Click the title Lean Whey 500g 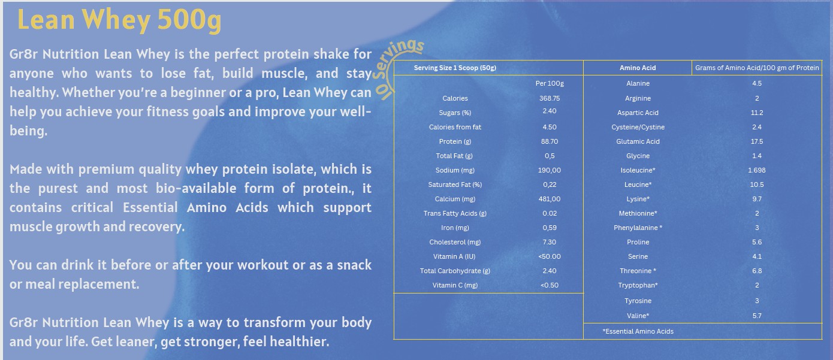click(119, 20)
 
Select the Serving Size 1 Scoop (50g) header click(455, 68)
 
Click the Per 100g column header click(550, 84)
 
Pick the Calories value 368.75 click(550, 98)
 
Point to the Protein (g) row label click(455, 141)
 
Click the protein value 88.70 click(550, 141)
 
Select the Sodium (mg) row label click(455, 171)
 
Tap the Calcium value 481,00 click(550, 199)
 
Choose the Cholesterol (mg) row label click(455, 242)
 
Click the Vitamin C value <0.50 click(550, 285)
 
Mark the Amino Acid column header click(638, 68)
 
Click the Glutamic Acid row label click(638, 141)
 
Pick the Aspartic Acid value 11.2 click(757, 113)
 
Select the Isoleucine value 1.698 click(757, 171)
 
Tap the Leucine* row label click(638, 184)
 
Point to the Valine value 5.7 click(757, 316)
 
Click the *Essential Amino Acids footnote click(638, 331)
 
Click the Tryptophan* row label click(638, 285)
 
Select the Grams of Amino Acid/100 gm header click(757, 68)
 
